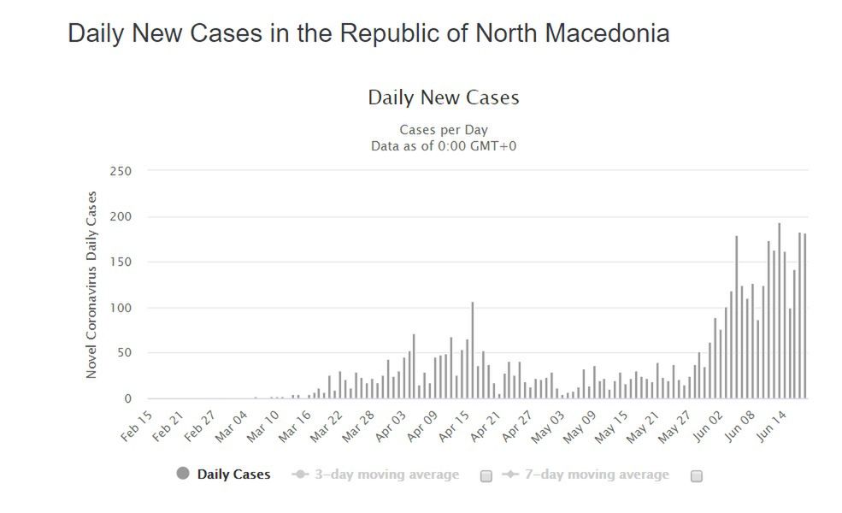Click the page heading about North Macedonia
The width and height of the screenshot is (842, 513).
pos(368,33)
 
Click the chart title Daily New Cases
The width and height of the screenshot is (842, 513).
pos(443,97)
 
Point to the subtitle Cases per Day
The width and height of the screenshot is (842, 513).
pos(443,130)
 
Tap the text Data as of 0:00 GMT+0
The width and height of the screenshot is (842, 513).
pos(443,145)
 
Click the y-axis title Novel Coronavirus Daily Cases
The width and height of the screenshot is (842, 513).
pos(91,285)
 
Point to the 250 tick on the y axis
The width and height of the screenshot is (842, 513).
pos(121,171)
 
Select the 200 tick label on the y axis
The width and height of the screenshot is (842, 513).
pos(121,216)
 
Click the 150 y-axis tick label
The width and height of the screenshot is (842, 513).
pos(121,262)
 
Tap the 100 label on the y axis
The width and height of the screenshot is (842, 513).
pos(121,308)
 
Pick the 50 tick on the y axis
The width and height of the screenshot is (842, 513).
pos(124,353)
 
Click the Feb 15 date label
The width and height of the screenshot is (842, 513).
pos(136,427)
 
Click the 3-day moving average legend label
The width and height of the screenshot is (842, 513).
pos(386,475)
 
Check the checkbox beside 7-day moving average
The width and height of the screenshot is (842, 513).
pos(696,475)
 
